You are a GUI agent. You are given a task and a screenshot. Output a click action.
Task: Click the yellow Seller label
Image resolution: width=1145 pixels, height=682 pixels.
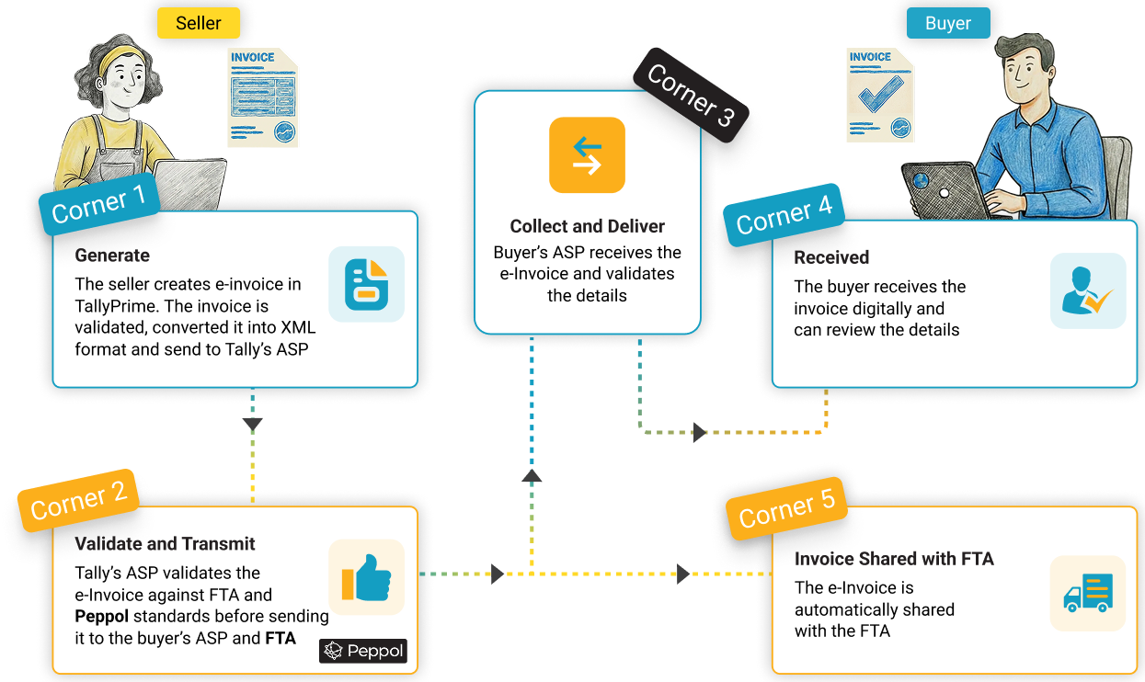198,23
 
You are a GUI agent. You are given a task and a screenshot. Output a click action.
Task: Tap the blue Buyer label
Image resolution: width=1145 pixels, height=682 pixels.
947,23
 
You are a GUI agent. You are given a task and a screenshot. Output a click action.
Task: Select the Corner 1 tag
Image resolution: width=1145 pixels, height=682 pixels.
98,205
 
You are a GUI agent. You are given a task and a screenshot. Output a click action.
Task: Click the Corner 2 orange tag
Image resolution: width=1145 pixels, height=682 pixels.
78,500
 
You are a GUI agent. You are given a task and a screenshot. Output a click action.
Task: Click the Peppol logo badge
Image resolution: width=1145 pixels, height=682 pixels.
363,652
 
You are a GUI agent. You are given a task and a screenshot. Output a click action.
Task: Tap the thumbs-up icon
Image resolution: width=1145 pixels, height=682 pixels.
366,577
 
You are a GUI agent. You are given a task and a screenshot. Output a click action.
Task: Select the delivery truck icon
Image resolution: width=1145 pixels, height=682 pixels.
1088,593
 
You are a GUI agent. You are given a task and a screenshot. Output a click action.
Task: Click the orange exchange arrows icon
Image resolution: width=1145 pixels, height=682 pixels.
587,154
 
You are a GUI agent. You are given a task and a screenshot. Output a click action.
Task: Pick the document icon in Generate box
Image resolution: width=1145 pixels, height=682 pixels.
366,284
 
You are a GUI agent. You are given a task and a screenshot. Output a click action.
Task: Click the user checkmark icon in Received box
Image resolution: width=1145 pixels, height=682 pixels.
1087,291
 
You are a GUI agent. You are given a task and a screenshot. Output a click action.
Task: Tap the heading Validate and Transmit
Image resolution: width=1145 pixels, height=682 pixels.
165,544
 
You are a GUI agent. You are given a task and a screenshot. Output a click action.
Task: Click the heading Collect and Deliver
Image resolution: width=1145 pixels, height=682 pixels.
587,226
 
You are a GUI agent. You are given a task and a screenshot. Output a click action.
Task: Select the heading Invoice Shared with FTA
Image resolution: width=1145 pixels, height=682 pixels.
893,559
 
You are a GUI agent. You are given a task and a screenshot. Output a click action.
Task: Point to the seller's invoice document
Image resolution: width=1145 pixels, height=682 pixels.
263,98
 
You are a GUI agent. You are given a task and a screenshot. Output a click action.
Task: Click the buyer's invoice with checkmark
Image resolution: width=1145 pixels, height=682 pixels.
880,95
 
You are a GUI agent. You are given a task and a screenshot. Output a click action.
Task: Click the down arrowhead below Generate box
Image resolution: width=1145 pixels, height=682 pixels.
252,425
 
